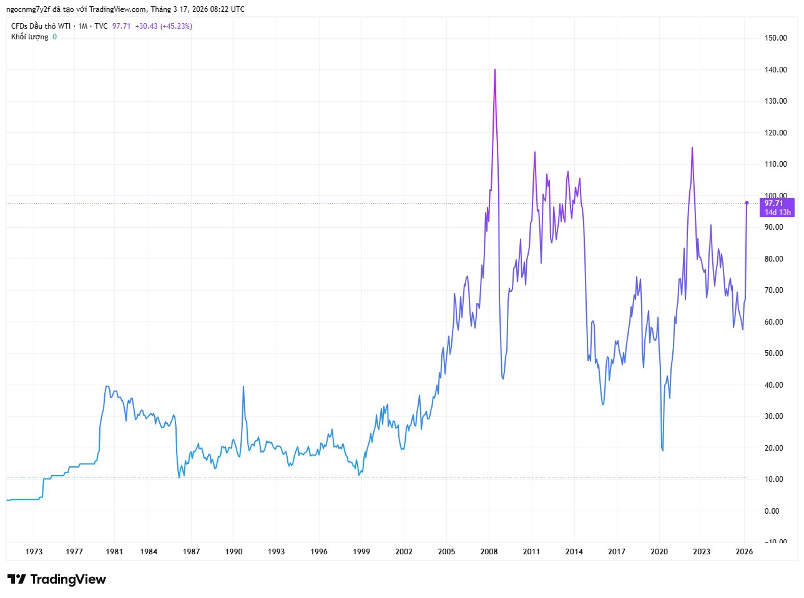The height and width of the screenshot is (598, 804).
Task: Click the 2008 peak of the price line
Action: point(495,70)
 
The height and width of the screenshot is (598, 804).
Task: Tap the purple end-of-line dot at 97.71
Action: point(747,203)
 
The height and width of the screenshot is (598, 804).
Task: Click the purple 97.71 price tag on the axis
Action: point(774,203)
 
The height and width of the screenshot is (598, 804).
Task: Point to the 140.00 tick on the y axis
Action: point(775,70)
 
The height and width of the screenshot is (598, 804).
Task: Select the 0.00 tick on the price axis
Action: point(772,511)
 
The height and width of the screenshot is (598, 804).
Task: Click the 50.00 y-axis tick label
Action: point(774,353)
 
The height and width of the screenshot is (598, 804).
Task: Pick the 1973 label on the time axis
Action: point(34,552)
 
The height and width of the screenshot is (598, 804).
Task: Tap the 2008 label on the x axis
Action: point(489,552)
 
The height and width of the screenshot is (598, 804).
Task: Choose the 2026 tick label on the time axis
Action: point(744,552)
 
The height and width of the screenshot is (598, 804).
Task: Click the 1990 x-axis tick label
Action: point(234,552)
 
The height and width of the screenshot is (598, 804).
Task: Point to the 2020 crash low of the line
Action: point(662,450)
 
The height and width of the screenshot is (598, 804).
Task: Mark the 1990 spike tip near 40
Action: point(243,386)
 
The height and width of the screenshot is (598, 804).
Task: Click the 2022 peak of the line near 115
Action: point(692,148)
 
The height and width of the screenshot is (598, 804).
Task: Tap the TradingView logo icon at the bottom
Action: point(16,579)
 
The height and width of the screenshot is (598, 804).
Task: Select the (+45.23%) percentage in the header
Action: point(176,26)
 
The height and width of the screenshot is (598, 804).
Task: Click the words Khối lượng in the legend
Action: point(29,37)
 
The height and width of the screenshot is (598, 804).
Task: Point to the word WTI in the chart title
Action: point(64,26)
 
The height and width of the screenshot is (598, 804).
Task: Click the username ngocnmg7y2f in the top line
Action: point(27,9)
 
